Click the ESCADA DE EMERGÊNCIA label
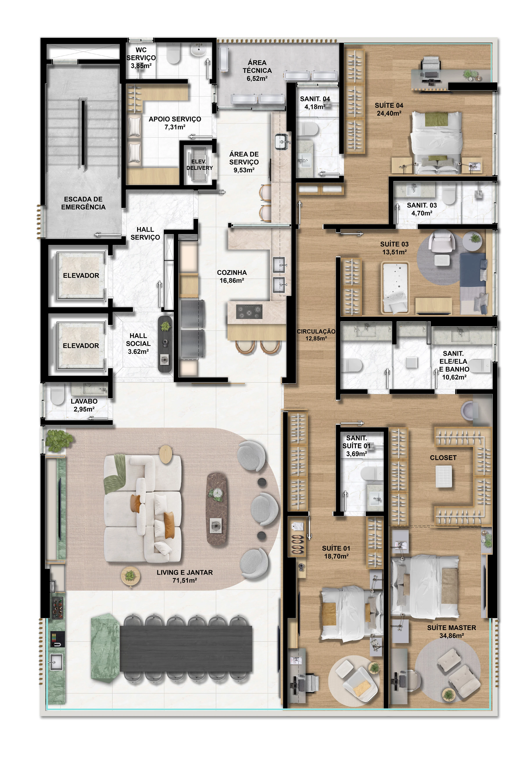pos(83,203)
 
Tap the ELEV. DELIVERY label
pos(199,164)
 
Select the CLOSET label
pos(443,458)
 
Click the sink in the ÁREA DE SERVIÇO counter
pos(281,141)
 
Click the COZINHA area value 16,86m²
pos(232,281)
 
